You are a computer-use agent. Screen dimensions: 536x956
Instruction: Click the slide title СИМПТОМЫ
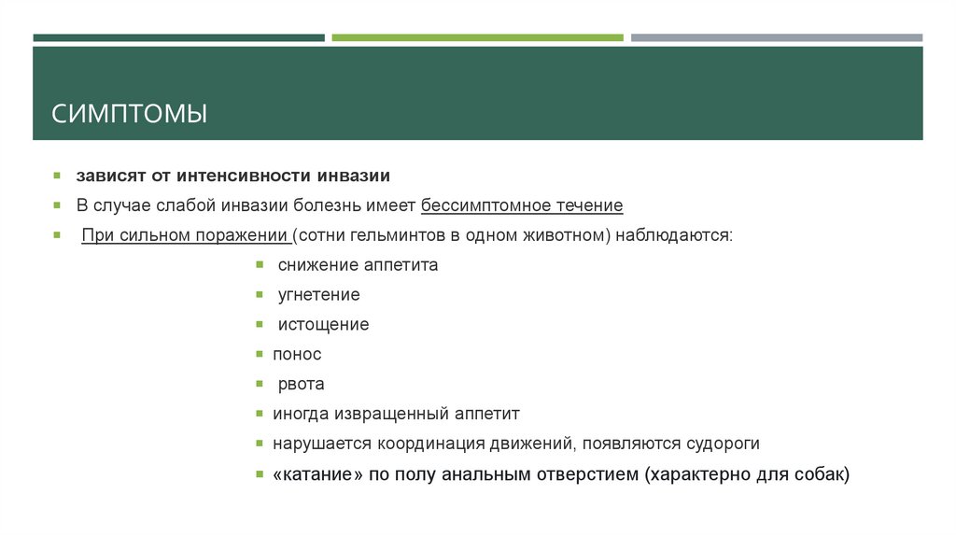click(130, 114)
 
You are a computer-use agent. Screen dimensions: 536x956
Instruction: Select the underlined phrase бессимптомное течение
click(522, 205)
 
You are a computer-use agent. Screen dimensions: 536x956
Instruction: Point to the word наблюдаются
click(672, 234)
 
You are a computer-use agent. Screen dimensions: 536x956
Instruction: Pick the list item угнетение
click(318, 295)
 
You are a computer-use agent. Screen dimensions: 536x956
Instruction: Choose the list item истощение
click(323, 325)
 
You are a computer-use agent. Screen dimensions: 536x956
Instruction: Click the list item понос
click(297, 355)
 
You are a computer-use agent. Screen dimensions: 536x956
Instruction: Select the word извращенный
click(388, 414)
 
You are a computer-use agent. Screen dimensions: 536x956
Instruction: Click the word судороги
click(720, 444)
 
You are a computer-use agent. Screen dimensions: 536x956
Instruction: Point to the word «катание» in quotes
click(317, 474)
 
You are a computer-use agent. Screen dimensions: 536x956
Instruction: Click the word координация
click(435, 444)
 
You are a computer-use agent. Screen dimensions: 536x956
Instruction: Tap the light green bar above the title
click(477, 38)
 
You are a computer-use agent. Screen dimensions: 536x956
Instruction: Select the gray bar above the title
click(776, 38)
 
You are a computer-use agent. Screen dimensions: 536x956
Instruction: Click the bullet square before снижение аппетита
click(260, 265)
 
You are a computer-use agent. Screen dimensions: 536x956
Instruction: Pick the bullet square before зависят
click(57, 176)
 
